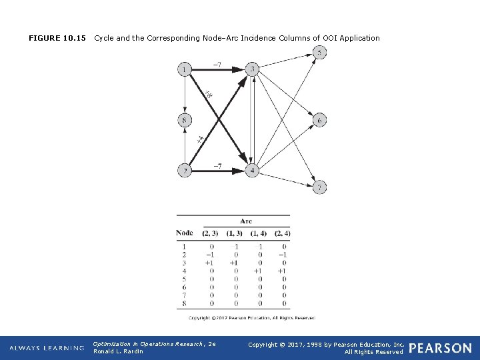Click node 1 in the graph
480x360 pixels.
(185, 69)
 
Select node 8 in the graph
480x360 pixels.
(185, 120)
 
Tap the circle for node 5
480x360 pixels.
(319, 53)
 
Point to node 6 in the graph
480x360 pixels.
(319, 120)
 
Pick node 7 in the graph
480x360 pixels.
(319, 187)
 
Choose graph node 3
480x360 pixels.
(252, 69)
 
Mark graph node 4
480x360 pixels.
(252, 171)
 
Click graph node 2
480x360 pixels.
(185, 171)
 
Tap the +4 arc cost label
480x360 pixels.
(200, 139)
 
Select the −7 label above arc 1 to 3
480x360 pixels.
(217, 65)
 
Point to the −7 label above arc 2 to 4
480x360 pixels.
(217, 165)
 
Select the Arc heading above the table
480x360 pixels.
(246, 221)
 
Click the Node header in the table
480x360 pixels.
(185, 233)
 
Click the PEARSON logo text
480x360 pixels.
(440, 348)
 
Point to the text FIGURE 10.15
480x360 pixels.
(57, 38)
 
